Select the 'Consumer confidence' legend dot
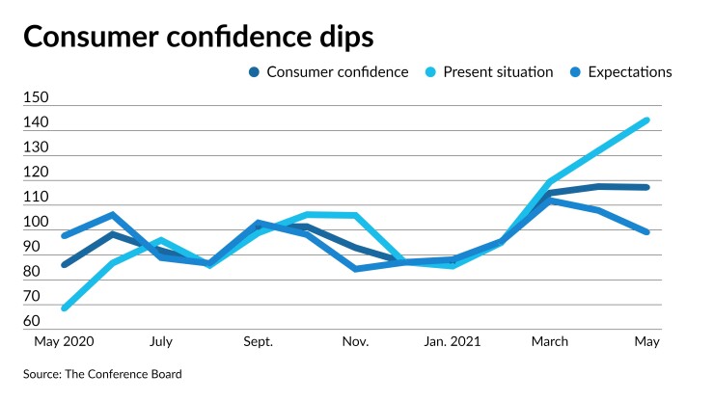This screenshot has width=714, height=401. [254, 72]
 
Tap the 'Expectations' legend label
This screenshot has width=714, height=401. [630, 72]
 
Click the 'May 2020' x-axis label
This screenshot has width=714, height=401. [65, 341]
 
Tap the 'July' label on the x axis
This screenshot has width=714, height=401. [161, 341]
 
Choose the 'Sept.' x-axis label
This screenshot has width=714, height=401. [258, 341]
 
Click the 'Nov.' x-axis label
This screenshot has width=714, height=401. [356, 341]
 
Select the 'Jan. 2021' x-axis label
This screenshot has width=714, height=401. [453, 341]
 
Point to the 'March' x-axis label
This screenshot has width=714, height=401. [549, 341]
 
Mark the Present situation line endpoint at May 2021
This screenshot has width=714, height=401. [646, 120]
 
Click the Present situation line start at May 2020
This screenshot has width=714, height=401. [65, 307]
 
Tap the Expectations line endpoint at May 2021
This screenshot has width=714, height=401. [646, 231]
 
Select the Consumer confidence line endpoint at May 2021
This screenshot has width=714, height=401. [646, 187]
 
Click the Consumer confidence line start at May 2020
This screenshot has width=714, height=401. [65, 264]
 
